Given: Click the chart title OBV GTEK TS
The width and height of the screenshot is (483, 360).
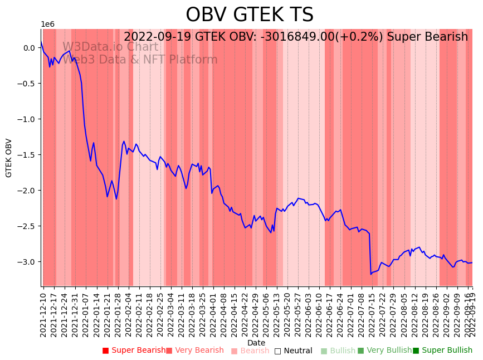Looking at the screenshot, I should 249,15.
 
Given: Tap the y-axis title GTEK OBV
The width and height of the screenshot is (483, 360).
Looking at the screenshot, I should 9,158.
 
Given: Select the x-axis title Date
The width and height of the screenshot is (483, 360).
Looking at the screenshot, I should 256,343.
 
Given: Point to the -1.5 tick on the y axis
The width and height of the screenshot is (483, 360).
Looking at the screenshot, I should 28,155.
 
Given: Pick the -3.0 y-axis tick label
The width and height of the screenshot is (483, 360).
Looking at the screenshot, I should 28,262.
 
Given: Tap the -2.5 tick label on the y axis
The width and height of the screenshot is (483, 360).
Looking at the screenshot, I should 28,226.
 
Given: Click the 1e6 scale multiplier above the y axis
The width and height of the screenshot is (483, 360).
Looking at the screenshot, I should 47,25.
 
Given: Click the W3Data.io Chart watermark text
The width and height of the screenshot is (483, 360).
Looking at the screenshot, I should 110,47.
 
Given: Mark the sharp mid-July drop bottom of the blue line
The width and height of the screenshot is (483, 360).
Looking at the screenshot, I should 371,274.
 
